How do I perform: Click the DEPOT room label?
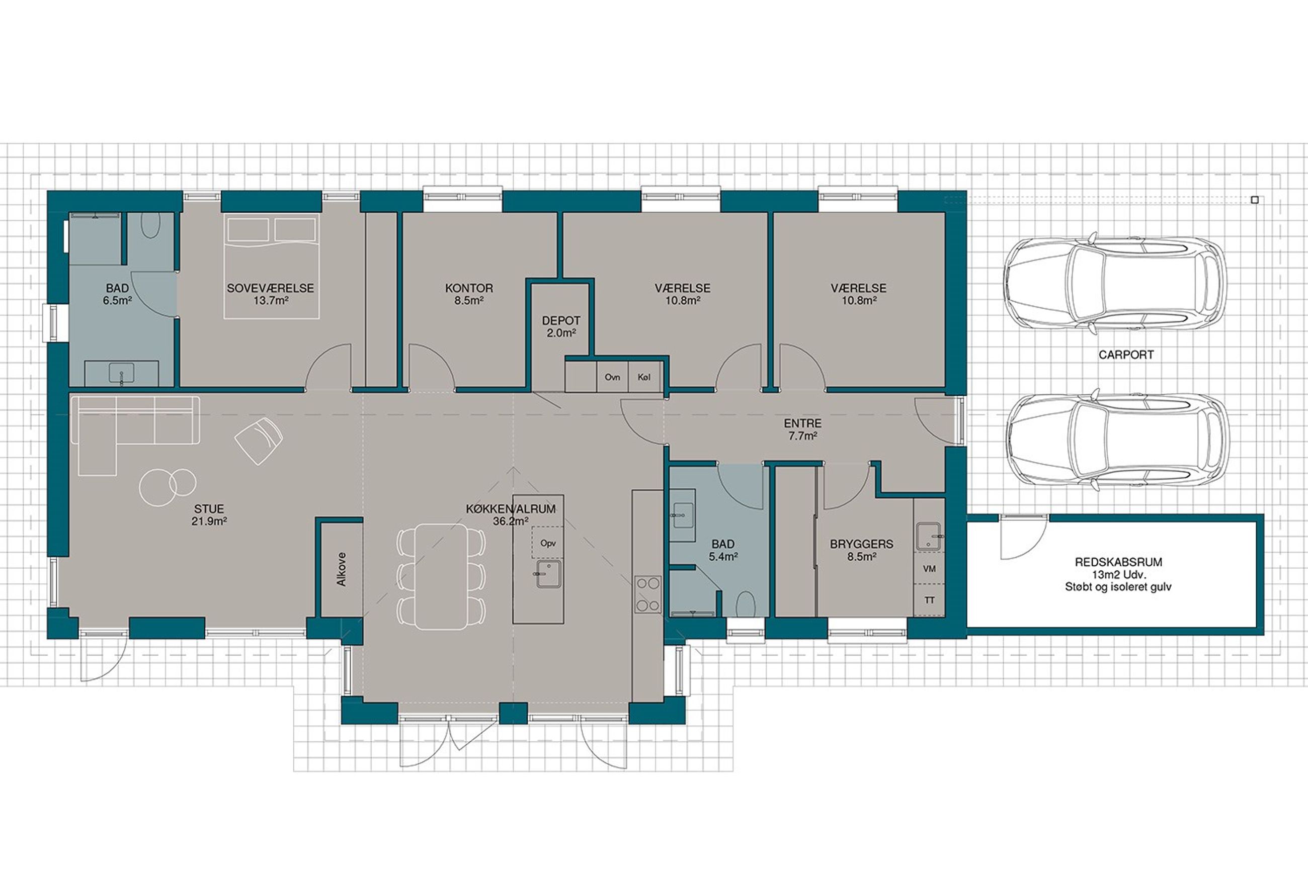(x=561, y=321)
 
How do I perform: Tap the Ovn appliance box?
(x=613, y=377)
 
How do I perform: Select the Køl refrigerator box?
(x=644, y=377)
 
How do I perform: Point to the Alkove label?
(x=341, y=569)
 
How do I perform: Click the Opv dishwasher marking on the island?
(x=548, y=543)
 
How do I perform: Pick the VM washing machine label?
(x=929, y=569)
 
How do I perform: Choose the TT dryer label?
(x=929, y=600)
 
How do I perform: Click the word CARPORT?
(x=1126, y=355)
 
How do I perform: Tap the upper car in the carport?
(x=1114, y=284)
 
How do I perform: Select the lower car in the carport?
(x=1116, y=440)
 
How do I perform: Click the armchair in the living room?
(x=259, y=441)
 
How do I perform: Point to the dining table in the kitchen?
(x=442, y=576)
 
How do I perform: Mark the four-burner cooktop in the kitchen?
(x=647, y=594)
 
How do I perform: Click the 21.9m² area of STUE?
(x=209, y=521)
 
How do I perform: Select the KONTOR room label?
(x=469, y=289)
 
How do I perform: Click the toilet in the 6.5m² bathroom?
(x=150, y=225)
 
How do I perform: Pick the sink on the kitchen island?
(x=548, y=574)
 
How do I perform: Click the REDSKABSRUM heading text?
(x=1118, y=562)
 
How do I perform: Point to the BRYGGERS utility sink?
(x=928, y=536)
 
